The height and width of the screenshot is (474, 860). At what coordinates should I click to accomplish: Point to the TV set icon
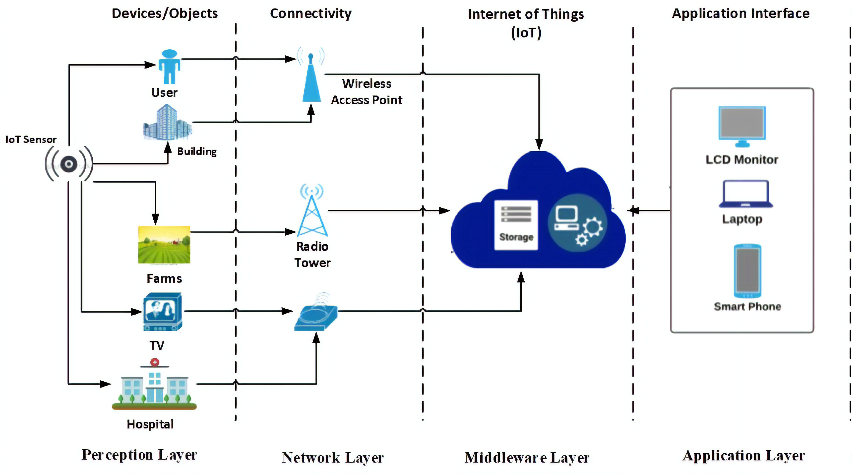pos(163,311)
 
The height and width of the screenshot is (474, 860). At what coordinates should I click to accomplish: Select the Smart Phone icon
pos(747,271)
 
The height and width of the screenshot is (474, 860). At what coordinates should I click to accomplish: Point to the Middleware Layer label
pos(527,458)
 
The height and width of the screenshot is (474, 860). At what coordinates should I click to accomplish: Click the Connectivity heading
pos(310,13)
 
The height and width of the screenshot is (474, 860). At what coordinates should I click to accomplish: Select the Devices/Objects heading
pos(165,13)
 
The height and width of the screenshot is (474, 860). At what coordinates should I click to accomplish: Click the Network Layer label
pos(332,458)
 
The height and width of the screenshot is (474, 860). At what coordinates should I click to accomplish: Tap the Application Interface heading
pos(740,13)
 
